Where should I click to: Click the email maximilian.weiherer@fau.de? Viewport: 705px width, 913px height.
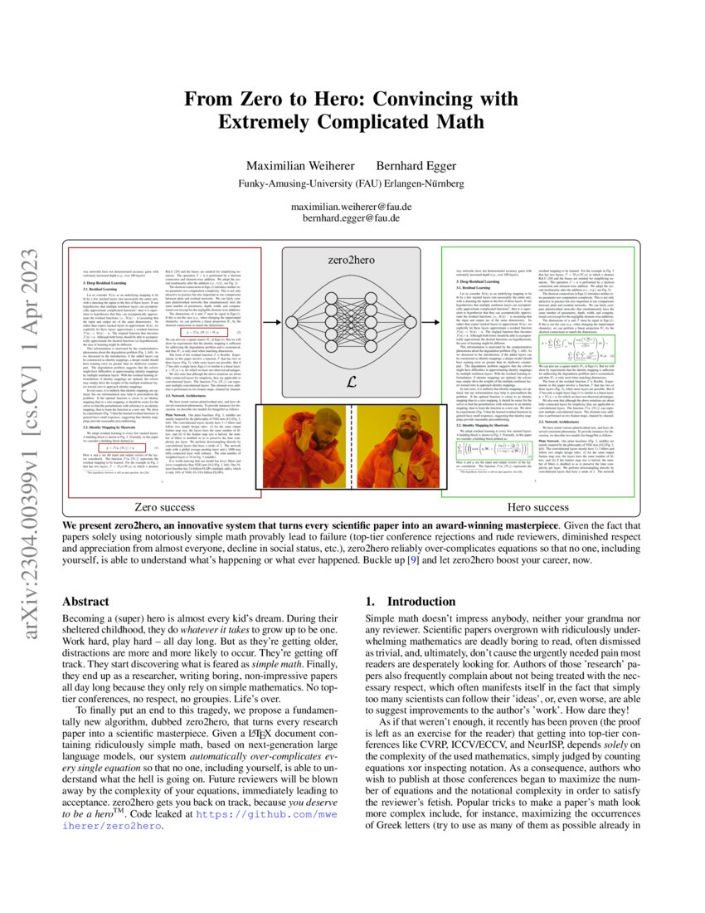pyautogui.click(x=352, y=205)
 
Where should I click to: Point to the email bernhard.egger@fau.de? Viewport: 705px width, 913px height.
pyautogui.click(x=352, y=218)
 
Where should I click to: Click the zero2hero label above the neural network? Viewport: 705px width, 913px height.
pyautogui.click(x=351, y=259)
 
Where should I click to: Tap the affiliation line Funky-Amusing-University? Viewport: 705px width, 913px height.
pyautogui.click(x=352, y=183)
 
